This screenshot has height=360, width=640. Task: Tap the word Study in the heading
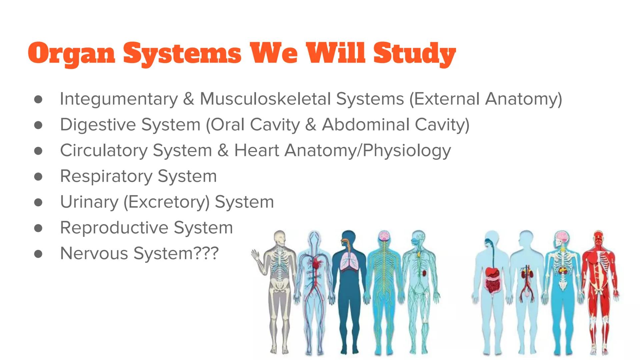[x=414, y=53]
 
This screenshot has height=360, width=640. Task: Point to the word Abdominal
[x=365, y=125]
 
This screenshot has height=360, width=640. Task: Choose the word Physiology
[x=407, y=150]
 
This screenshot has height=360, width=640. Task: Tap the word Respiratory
[x=106, y=176]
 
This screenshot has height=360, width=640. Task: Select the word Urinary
[x=89, y=202]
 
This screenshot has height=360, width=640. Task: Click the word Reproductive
[x=114, y=228]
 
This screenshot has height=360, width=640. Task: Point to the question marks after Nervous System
[x=206, y=253]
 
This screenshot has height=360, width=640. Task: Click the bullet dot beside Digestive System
[x=38, y=125]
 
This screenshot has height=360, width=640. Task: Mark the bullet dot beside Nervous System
[x=38, y=254]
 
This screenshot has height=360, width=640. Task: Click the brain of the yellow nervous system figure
[x=384, y=236]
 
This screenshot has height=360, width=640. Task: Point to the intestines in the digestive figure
[x=492, y=283]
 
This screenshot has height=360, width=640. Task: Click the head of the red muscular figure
[x=598, y=237]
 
